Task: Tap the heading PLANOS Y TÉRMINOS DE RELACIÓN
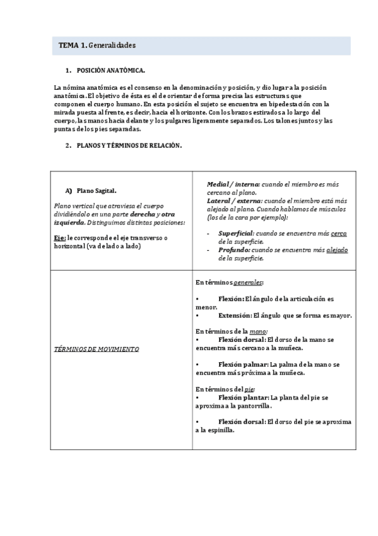129,145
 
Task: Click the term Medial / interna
232,184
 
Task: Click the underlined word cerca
339,233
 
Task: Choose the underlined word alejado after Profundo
336,250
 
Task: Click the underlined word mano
258,331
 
